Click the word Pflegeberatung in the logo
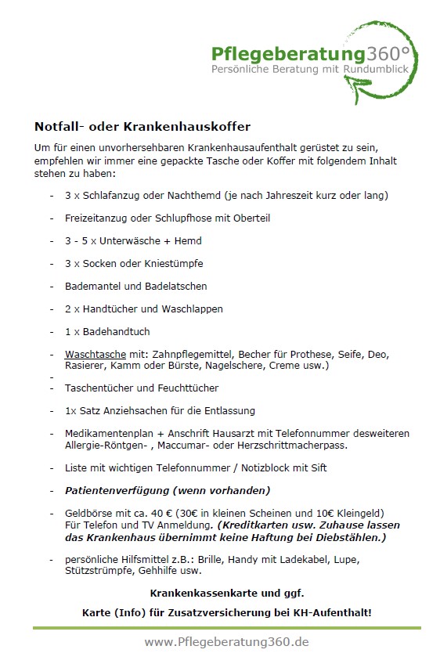tap(289, 54)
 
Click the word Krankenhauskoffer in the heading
tap(192, 126)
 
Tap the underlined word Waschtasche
tap(90, 354)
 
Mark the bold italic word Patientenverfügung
tap(115, 490)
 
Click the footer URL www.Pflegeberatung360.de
tap(226, 642)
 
